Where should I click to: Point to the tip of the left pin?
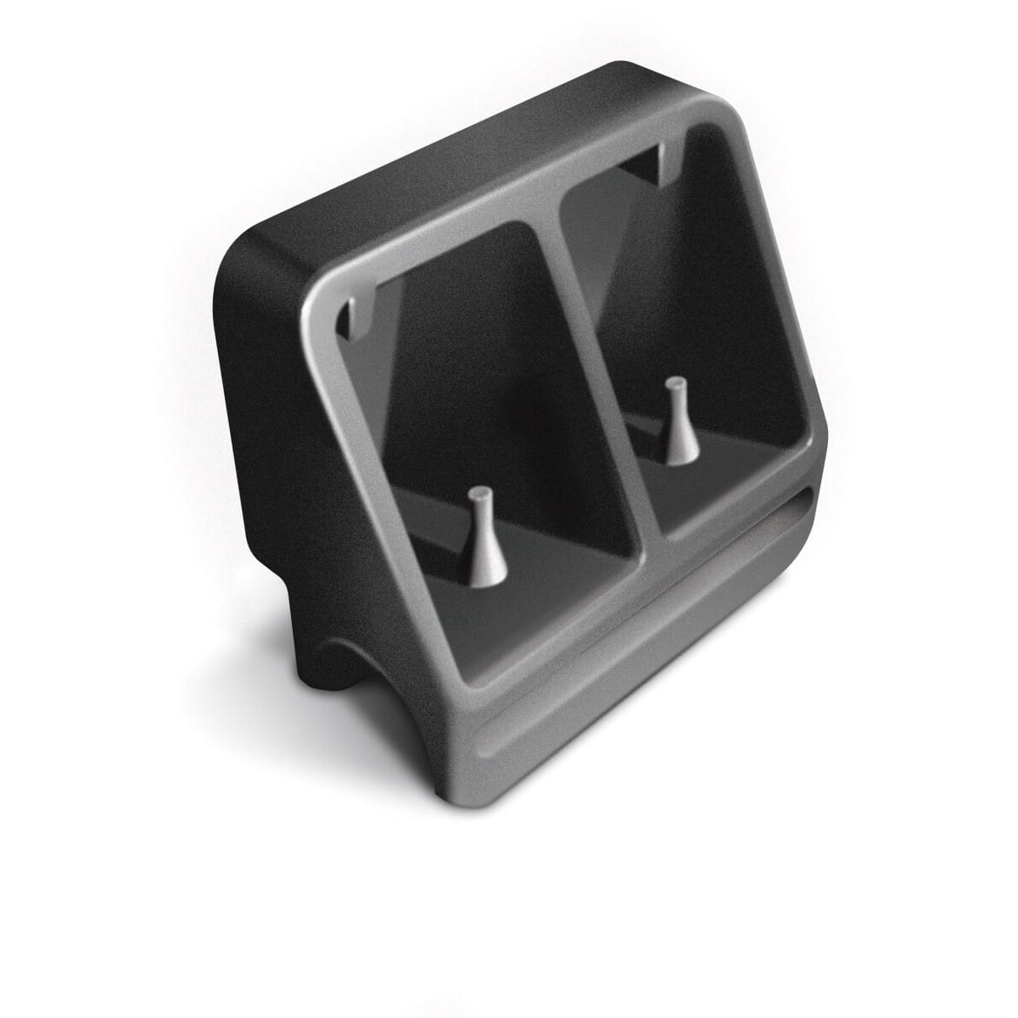tap(480, 493)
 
